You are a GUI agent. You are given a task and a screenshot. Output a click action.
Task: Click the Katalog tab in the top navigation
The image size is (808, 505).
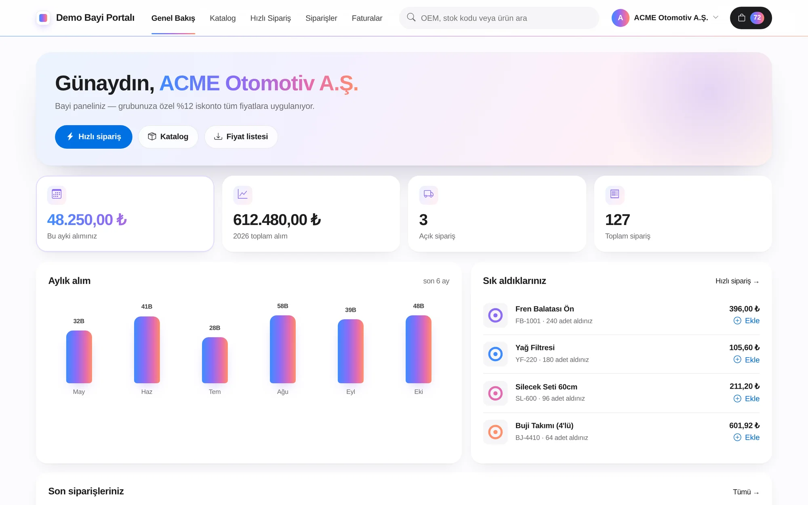click(x=223, y=18)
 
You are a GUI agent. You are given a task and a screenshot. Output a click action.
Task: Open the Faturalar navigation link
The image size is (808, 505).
click(x=367, y=18)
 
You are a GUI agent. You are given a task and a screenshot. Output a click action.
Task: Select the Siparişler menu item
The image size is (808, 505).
click(x=321, y=18)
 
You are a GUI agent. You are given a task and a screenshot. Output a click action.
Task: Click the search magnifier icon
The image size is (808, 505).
click(x=411, y=17)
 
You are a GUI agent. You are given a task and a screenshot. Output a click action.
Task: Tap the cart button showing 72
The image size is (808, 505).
click(x=751, y=18)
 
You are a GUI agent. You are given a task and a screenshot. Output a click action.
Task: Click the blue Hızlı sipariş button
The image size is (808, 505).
click(x=94, y=137)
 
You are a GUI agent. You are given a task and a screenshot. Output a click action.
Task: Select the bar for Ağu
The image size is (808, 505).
click(x=283, y=349)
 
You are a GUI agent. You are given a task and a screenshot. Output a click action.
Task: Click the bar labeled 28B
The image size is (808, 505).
click(x=215, y=360)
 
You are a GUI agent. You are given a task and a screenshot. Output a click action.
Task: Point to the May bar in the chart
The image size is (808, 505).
click(x=79, y=357)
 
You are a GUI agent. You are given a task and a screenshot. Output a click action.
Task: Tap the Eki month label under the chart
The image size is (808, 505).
click(x=419, y=392)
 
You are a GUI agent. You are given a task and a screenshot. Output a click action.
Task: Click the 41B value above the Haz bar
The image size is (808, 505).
click(x=147, y=307)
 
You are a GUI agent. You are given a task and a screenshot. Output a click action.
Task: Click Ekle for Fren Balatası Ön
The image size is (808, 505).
click(x=747, y=321)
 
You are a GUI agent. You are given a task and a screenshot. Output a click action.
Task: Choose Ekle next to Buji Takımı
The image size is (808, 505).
click(x=747, y=438)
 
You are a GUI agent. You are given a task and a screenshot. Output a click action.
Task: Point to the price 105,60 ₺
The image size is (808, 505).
click(x=744, y=348)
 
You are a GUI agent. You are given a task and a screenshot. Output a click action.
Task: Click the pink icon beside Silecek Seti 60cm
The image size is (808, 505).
click(x=495, y=393)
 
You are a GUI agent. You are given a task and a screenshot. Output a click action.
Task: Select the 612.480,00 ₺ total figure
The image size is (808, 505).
click(x=277, y=220)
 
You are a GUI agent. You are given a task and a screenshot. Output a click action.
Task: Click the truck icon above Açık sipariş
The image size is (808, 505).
click(x=429, y=194)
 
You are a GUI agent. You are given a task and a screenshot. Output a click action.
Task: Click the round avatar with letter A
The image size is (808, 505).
click(x=621, y=18)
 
